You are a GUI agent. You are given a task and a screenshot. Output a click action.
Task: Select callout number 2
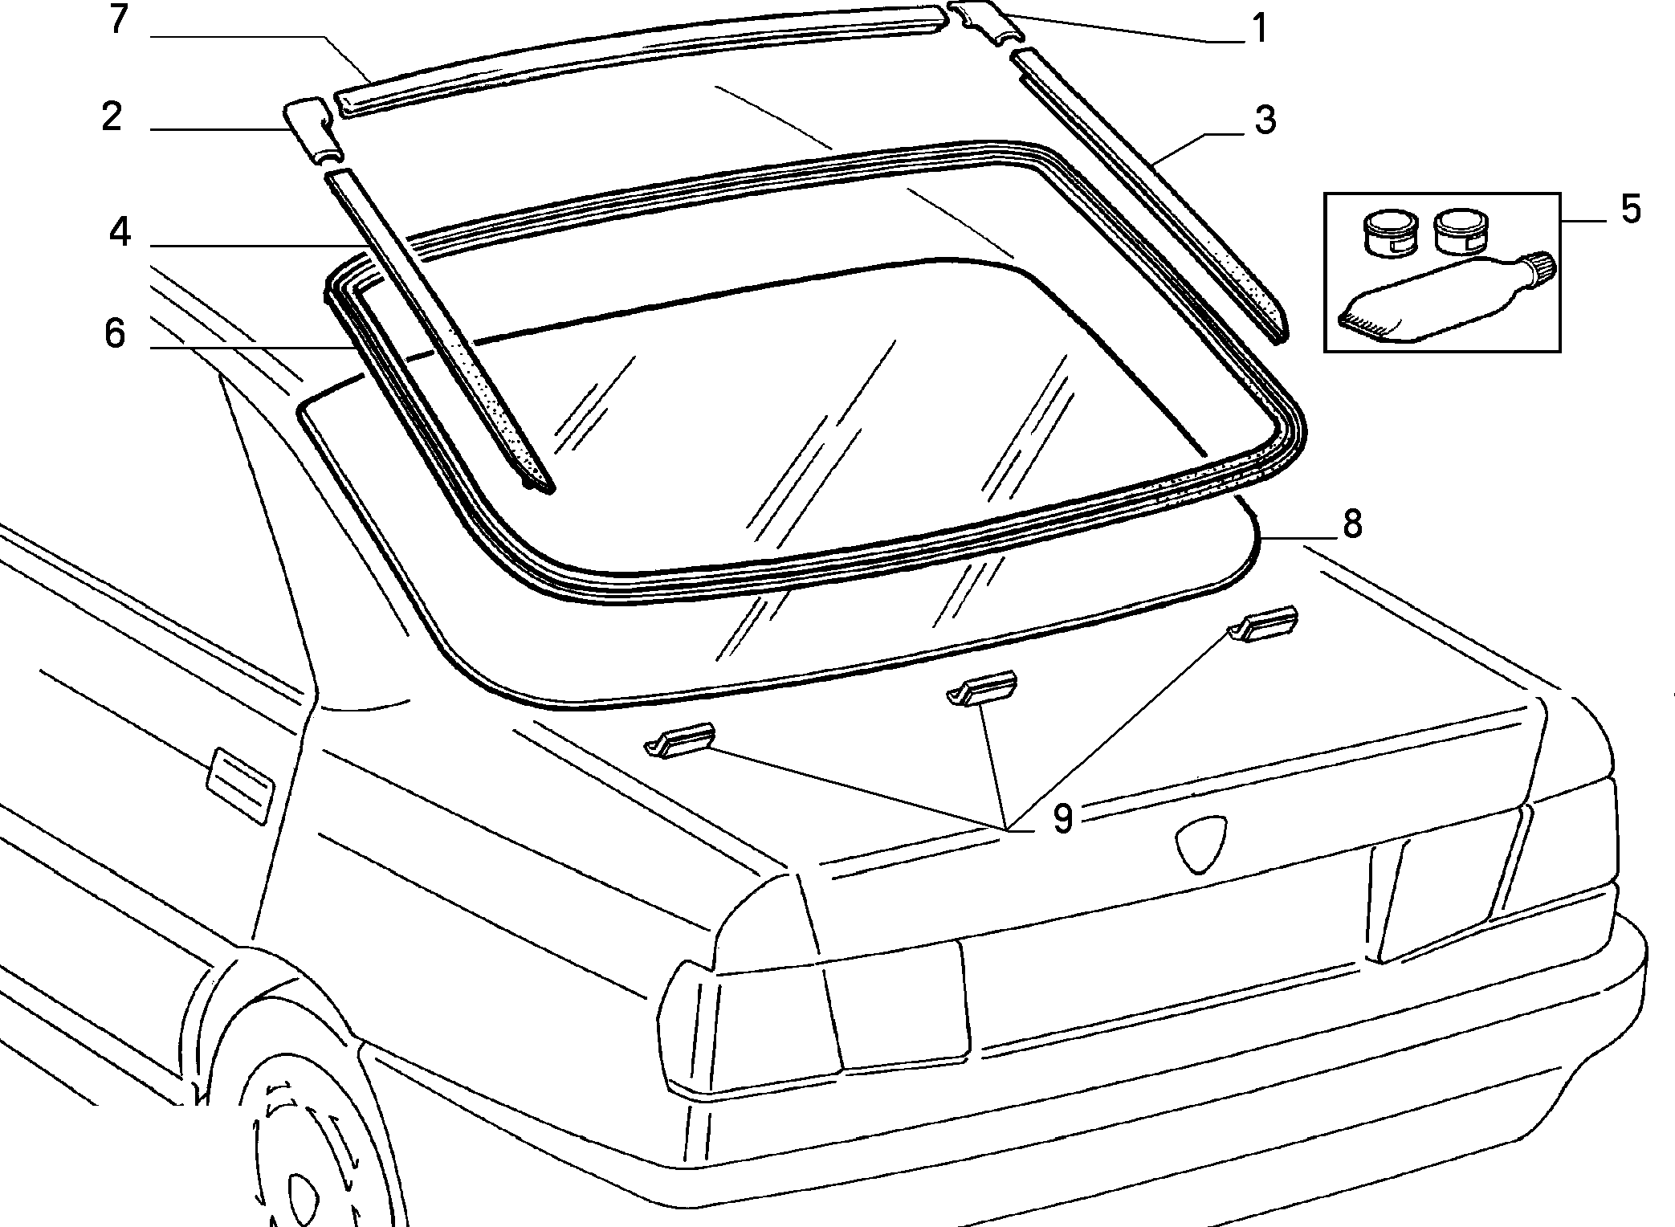tap(112, 117)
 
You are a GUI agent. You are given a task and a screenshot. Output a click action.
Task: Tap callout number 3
tap(1265, 120)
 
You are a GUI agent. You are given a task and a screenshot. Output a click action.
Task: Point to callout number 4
tap(120, 233)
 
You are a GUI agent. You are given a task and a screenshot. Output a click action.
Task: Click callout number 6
tap(116, 333)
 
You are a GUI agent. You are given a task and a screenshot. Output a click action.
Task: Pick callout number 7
tap(119, 20)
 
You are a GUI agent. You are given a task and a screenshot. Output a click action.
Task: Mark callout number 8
tap(1352, 524)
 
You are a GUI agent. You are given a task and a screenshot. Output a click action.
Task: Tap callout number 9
tap(1062, 818)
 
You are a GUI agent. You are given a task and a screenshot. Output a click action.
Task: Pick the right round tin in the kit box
tap(1461, 231)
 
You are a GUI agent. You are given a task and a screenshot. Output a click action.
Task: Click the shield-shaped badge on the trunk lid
tap(1202, 843)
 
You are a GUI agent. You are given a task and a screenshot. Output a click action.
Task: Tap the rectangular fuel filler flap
tap(240, 785)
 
